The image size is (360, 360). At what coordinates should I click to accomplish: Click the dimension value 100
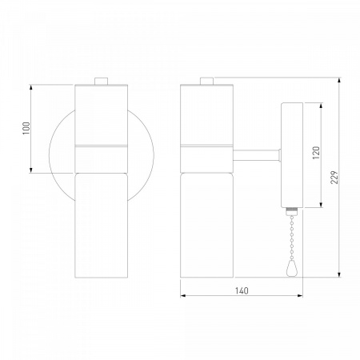click(26, 128)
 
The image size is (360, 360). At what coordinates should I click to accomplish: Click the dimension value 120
click(316, 153)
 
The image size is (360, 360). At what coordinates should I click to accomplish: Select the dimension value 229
click(334, 177)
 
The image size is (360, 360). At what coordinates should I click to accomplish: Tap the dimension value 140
click(242, 290)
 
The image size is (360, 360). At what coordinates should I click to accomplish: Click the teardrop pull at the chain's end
click(292, 268)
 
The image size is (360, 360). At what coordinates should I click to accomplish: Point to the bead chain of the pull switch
click(292, 238)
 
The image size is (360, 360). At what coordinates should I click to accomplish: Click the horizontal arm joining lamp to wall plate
click(257, 155)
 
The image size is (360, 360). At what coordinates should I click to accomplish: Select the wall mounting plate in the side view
click(292, 155)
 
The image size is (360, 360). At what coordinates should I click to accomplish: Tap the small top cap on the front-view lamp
click(102, 81)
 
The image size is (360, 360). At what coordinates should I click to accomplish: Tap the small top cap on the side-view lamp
click(207, 81)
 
